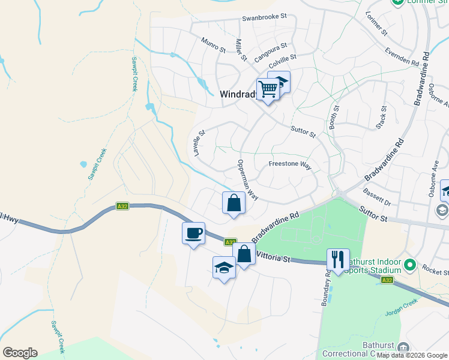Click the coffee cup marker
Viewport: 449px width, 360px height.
(x=193, y=233)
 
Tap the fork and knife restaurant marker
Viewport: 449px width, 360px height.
(x=338, y=260)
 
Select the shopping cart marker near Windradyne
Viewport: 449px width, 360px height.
(x=268, y=89)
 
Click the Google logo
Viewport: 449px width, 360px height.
(x=20, y=353)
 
